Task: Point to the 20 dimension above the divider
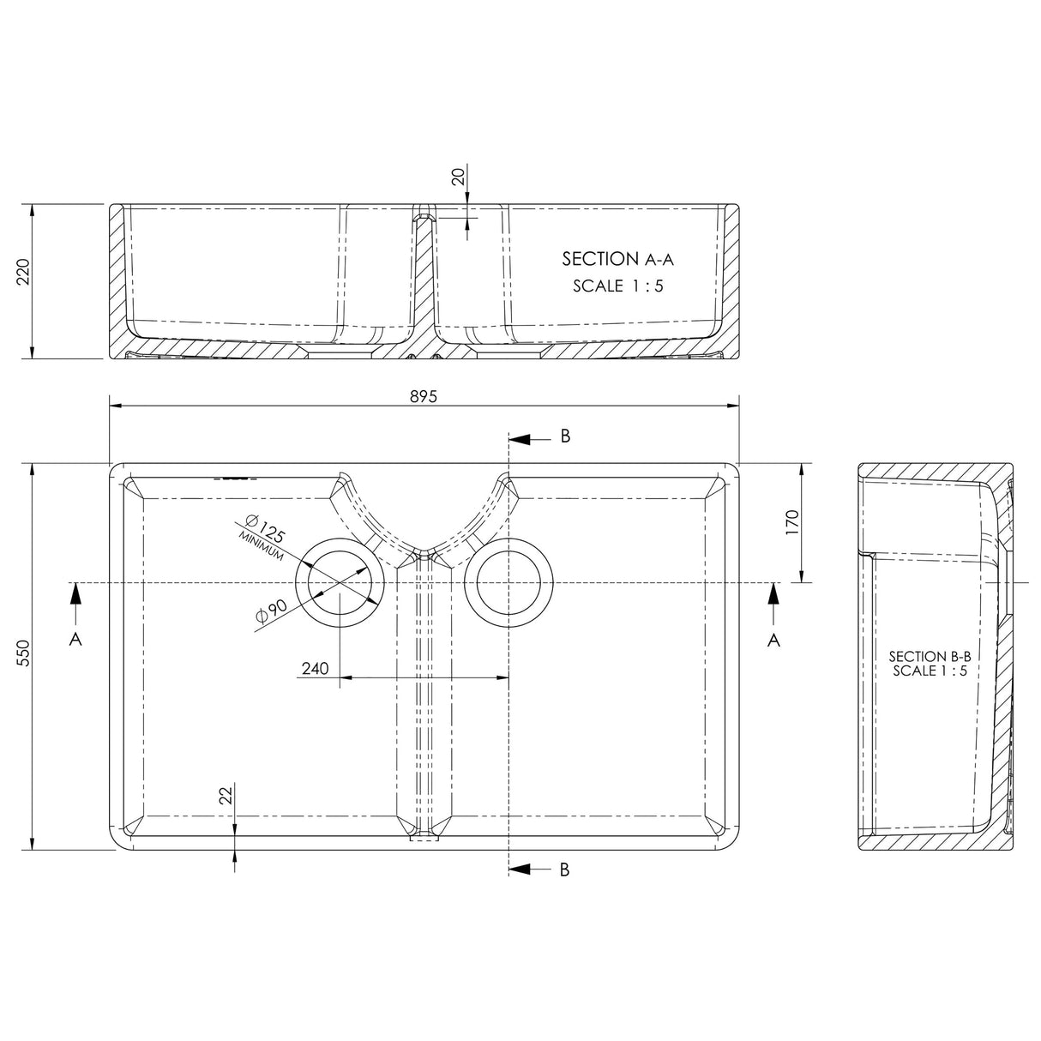pyautogui.click(x=458, y=177)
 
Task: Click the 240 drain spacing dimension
pyautogui.click(x=316, y=669)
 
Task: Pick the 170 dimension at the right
pyautogui.click(x=791, y=522)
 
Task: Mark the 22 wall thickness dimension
pyautogui.click(x=226, y=795)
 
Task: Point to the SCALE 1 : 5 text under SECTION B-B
pyautogui.click(x=929, y=671)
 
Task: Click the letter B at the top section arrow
pyautogui.click(x=565, y=436)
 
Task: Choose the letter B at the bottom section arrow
pyautogui.click(x=565, y=869)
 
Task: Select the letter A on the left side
pyautogui.click(x=75, y=640)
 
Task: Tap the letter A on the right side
pyautogui.click(x=773, y=640)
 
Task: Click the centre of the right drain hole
pyautogui.click(x=508, y=583)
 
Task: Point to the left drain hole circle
pyautogui.click(x=339, y=583)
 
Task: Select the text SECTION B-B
pyautogui.click(x=930, y=655)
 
